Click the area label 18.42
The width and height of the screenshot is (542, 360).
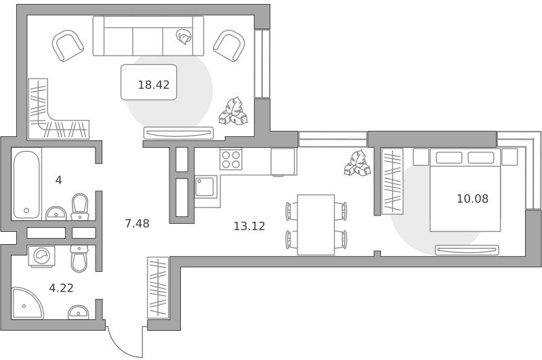[x=154, y=85]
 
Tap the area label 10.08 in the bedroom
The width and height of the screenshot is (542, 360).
[x=472, y=199]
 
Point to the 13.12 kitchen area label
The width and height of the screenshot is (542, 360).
[x=249, y=226]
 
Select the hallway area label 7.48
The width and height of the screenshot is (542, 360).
[x=138, y=224]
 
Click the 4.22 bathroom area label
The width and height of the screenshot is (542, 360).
[x=61, y=288]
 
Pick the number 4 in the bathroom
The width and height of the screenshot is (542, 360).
[x=59, y=180]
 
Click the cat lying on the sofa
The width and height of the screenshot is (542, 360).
[x=184, y=37]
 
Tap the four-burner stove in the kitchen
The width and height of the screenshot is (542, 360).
[x=231, y=159]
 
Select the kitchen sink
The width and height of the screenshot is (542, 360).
[x=206, y=186]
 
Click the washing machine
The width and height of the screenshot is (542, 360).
[x=41, y=256]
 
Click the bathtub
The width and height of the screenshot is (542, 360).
[x=26, y=184]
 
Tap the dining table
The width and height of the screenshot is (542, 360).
[x=316, y=225]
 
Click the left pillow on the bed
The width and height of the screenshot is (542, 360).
[x=449, y=158]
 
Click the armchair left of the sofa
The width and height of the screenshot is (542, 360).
[x=68, y=45]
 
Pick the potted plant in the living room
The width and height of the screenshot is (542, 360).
[x=233, y=111]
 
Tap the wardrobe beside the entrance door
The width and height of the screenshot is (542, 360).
[x=158, y=287]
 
